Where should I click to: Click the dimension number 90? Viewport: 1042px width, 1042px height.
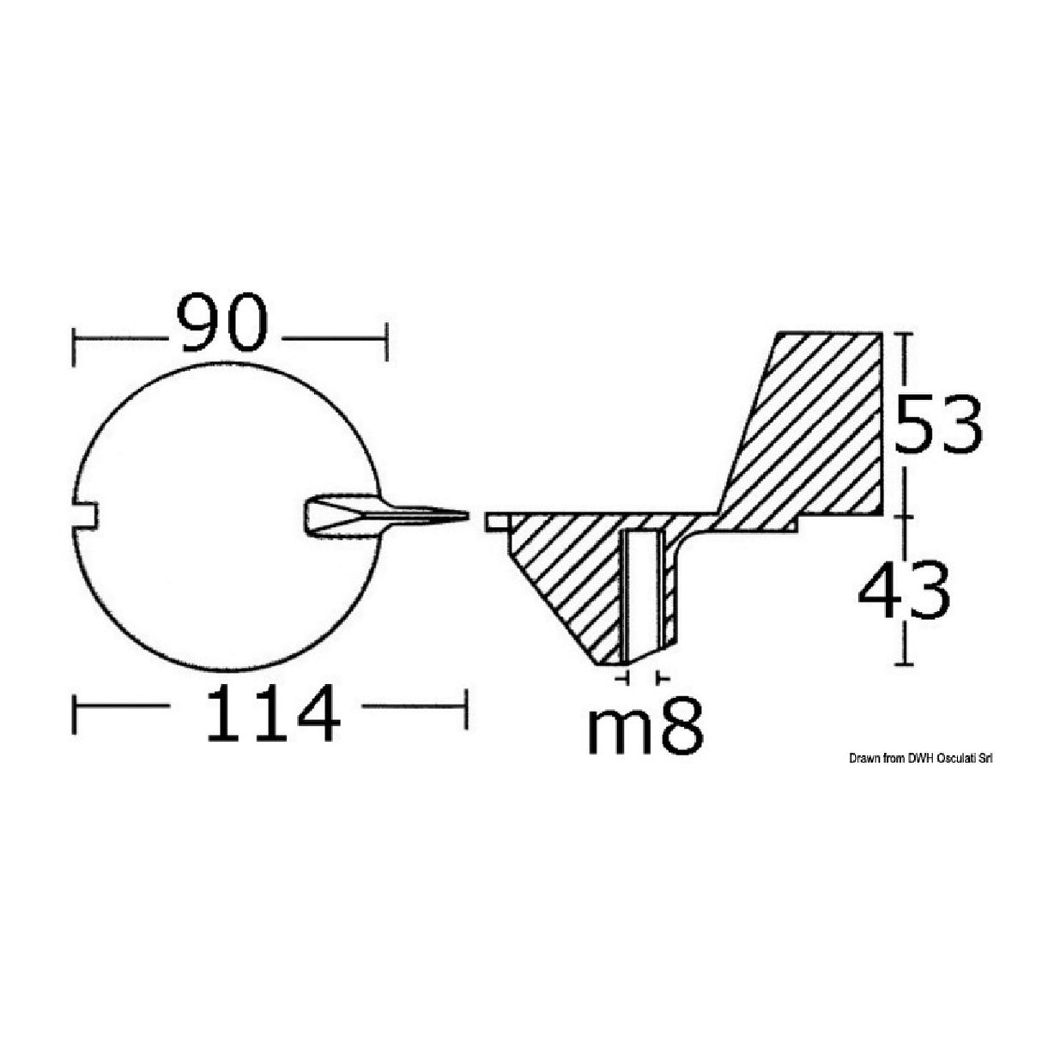point(222,324)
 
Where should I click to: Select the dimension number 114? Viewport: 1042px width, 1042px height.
point(271,706)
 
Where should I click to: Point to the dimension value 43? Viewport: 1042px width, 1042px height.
point(904,591)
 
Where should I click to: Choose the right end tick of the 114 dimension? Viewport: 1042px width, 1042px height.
point(466,709)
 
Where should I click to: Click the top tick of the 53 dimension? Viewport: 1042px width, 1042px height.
point(901,334)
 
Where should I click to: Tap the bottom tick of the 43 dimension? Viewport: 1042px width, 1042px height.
point(901,664)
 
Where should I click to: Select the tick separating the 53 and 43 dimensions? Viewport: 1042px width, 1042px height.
point(901,516)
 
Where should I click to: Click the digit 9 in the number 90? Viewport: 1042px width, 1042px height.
point(200,324)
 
